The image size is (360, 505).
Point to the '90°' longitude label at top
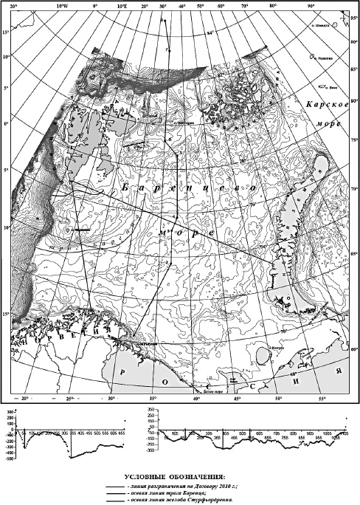(x=311, y=5)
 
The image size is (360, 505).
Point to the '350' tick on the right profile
(x=150, y=408)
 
